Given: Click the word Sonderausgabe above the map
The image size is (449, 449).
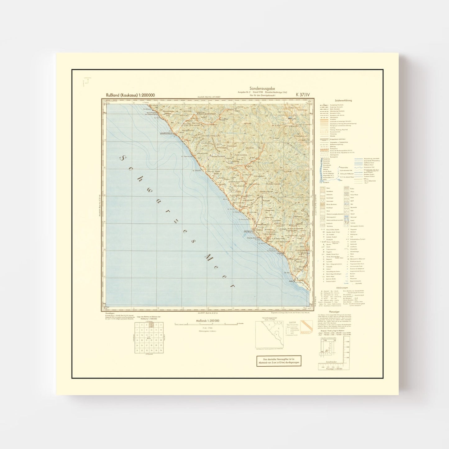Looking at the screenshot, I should [262, 89].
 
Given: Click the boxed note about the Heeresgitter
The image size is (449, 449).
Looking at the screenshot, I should [279, 361].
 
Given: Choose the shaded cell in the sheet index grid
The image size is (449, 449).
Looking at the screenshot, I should [151, 325].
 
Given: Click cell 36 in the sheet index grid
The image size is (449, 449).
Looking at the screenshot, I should [161, 350].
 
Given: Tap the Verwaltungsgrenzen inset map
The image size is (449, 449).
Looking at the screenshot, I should [270, 334].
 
